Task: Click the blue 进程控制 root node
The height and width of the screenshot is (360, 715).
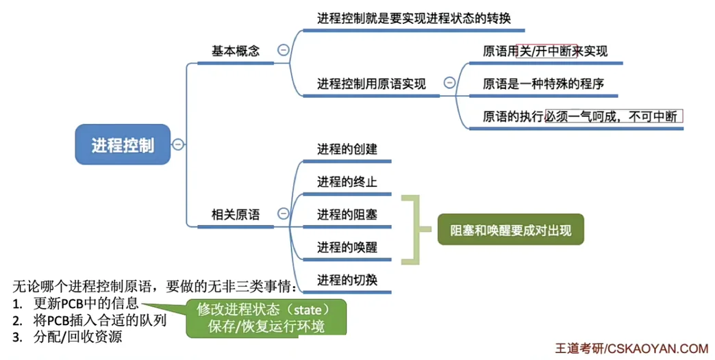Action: tap(123, 145)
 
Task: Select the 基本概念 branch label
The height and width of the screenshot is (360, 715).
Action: tap(236, 51)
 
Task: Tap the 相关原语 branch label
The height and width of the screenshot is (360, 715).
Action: tap(236, 215)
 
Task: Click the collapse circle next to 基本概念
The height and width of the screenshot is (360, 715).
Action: tap(283, 50)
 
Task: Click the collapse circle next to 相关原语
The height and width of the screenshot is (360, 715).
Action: tap(283, 214)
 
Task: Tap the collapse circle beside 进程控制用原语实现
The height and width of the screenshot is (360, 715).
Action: tap(449, 83)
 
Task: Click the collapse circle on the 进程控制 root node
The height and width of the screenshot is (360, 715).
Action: tap(178, 144)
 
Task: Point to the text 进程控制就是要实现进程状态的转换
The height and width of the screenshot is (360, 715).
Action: tap(414, 18)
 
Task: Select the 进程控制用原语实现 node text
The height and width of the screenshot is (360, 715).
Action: tap(371, 83)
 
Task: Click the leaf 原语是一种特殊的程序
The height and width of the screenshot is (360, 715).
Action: tap(543, 83)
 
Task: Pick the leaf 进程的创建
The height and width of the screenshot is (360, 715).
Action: tap(347, 149)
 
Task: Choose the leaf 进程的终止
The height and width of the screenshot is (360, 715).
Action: tap(347, 182)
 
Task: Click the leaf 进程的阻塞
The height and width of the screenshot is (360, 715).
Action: tap(347, 215)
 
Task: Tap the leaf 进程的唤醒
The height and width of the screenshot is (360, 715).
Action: tap(347, 247)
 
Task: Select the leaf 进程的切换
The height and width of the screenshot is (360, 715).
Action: tap(347, 280)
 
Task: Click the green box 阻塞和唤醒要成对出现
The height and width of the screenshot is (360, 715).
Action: tap(510, 230)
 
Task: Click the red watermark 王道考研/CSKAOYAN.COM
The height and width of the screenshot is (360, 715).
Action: tap(631, 348)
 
